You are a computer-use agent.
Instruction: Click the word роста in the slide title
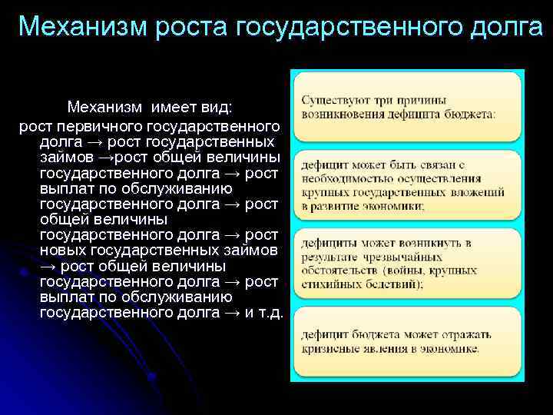tap(194, 26)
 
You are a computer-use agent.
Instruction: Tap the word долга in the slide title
tap(499, 26)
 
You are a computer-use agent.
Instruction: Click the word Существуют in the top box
tap(333, 100)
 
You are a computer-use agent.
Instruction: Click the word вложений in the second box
tap(481, 192)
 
